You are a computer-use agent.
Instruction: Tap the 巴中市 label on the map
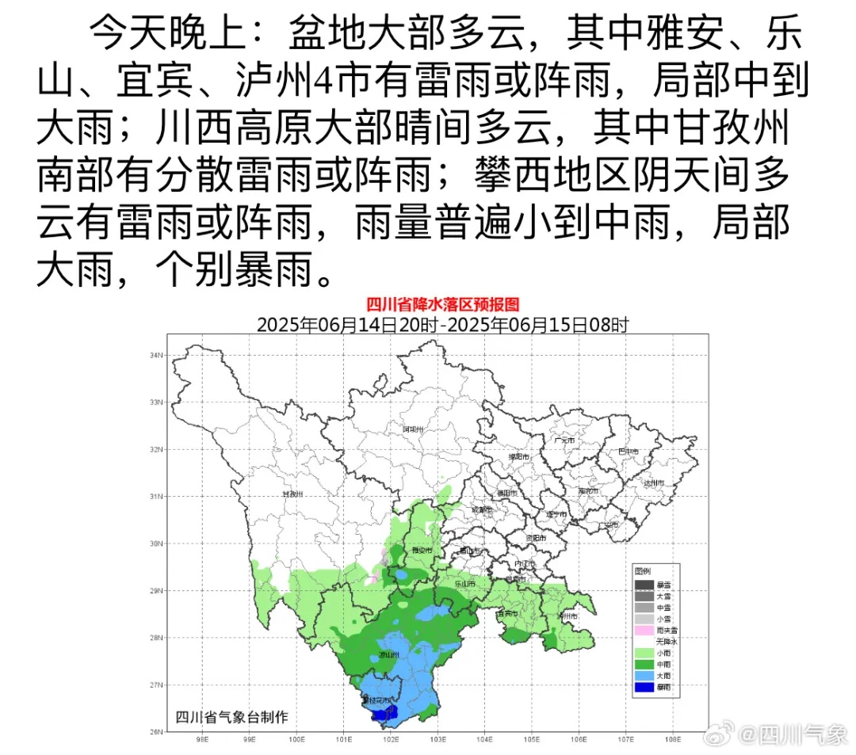tap(628, 451)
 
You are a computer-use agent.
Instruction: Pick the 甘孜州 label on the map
tap(293, 494)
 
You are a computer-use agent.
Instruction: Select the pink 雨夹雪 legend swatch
tap(644, 630)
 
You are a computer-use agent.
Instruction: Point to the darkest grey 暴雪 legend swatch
tap(644, 584)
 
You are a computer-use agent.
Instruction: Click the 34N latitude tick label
tap(155, 356)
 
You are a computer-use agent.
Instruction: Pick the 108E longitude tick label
tap(673, 741)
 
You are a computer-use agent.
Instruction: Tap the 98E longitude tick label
tap(201, 741)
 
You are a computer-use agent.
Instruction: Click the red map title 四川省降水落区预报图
tap(441, 304)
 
